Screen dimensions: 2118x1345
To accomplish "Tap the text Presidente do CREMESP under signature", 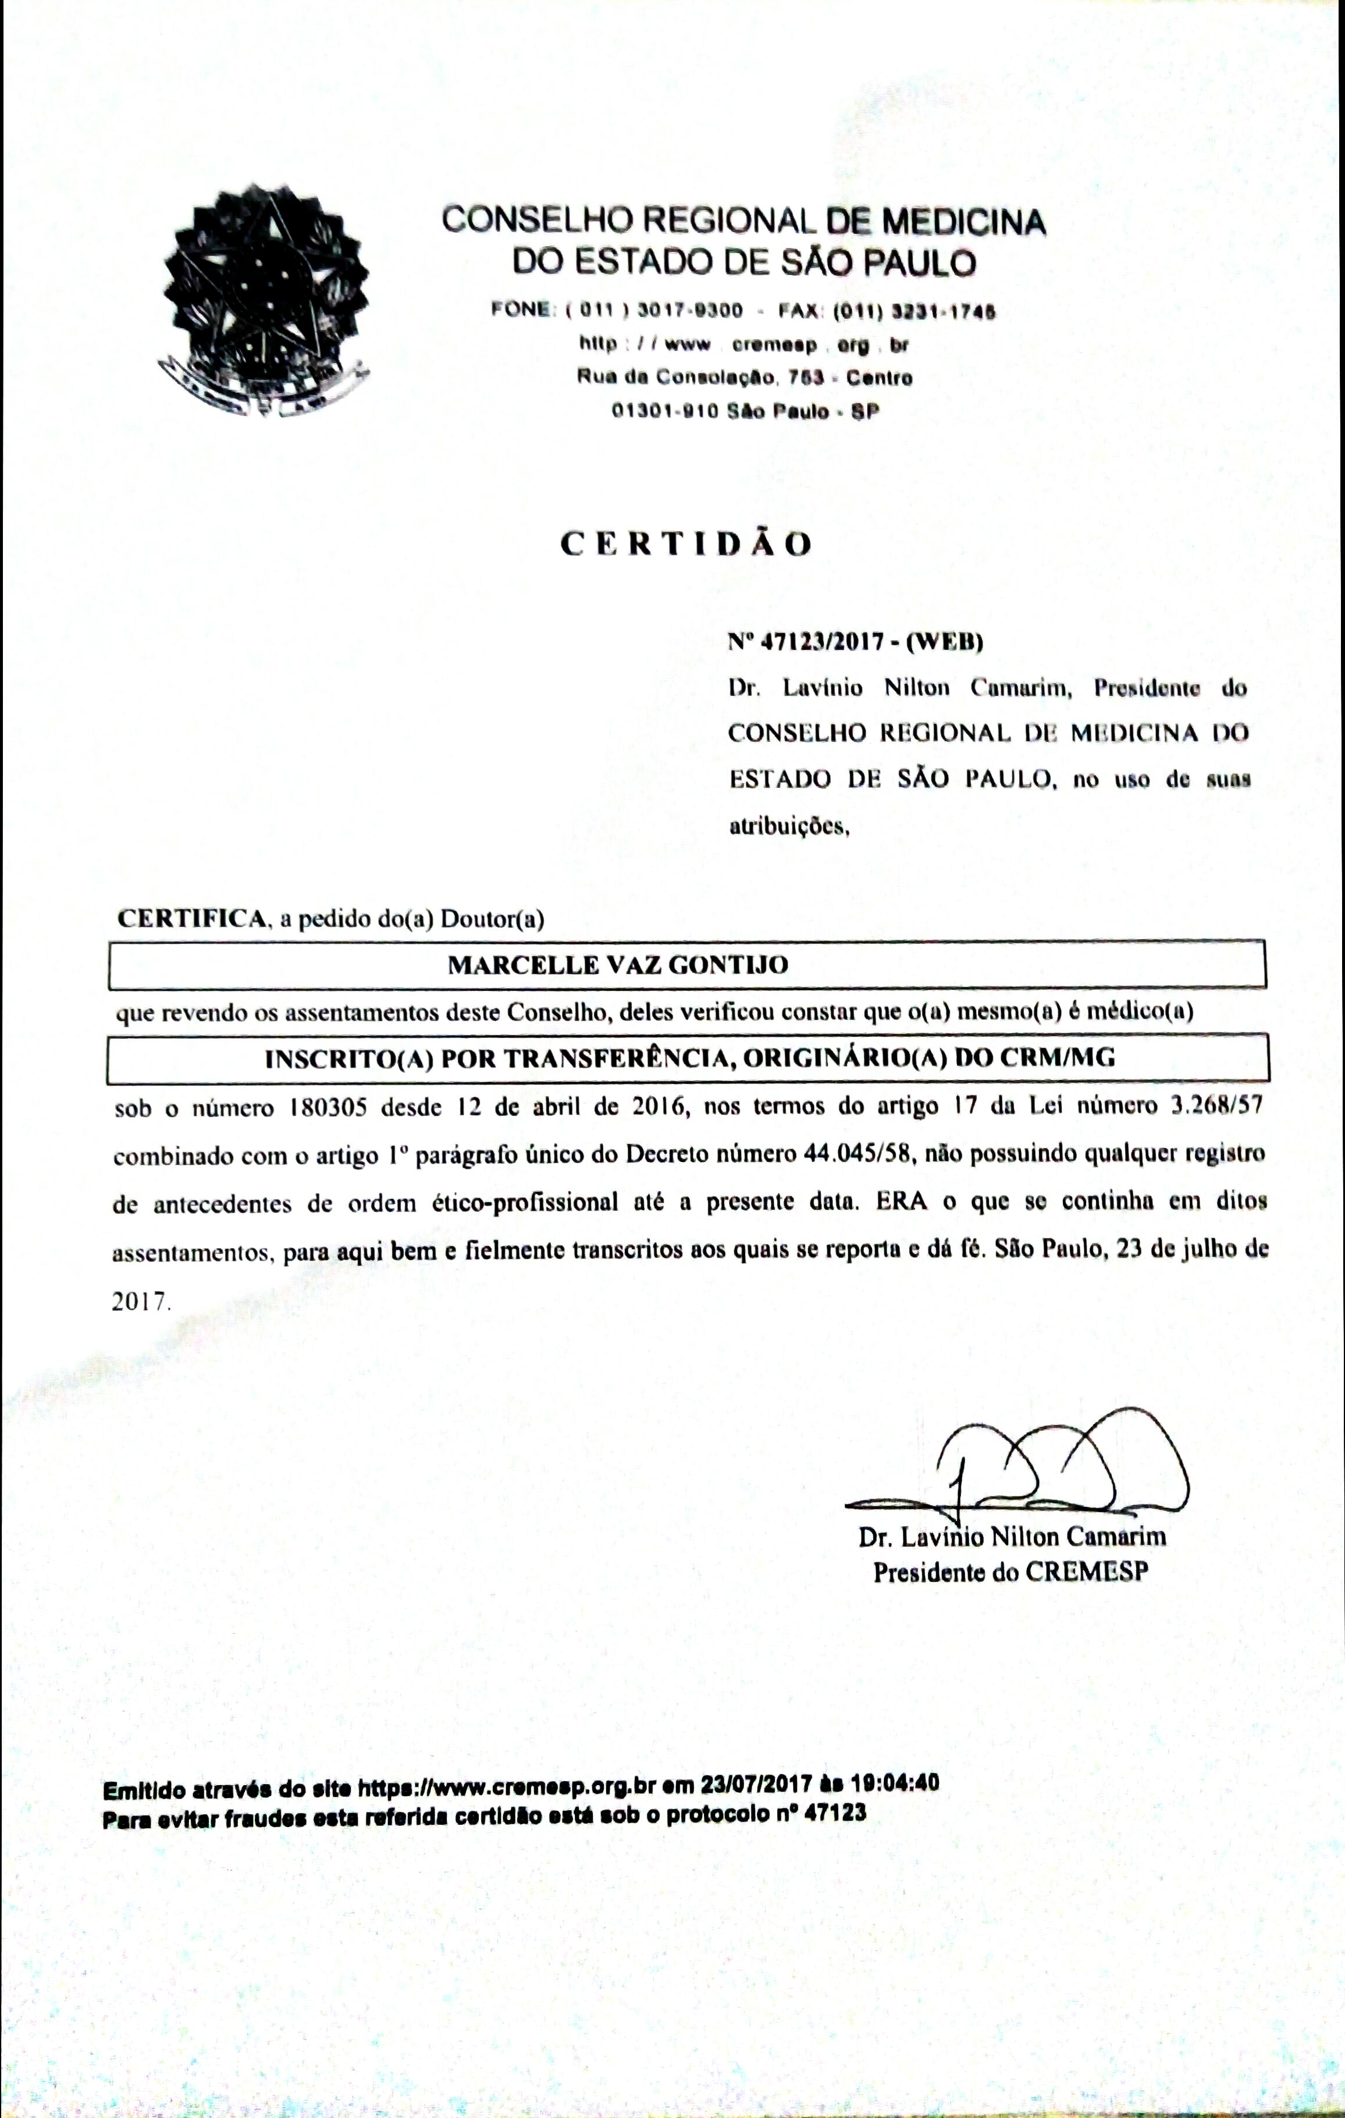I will coord(1010,1572).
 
